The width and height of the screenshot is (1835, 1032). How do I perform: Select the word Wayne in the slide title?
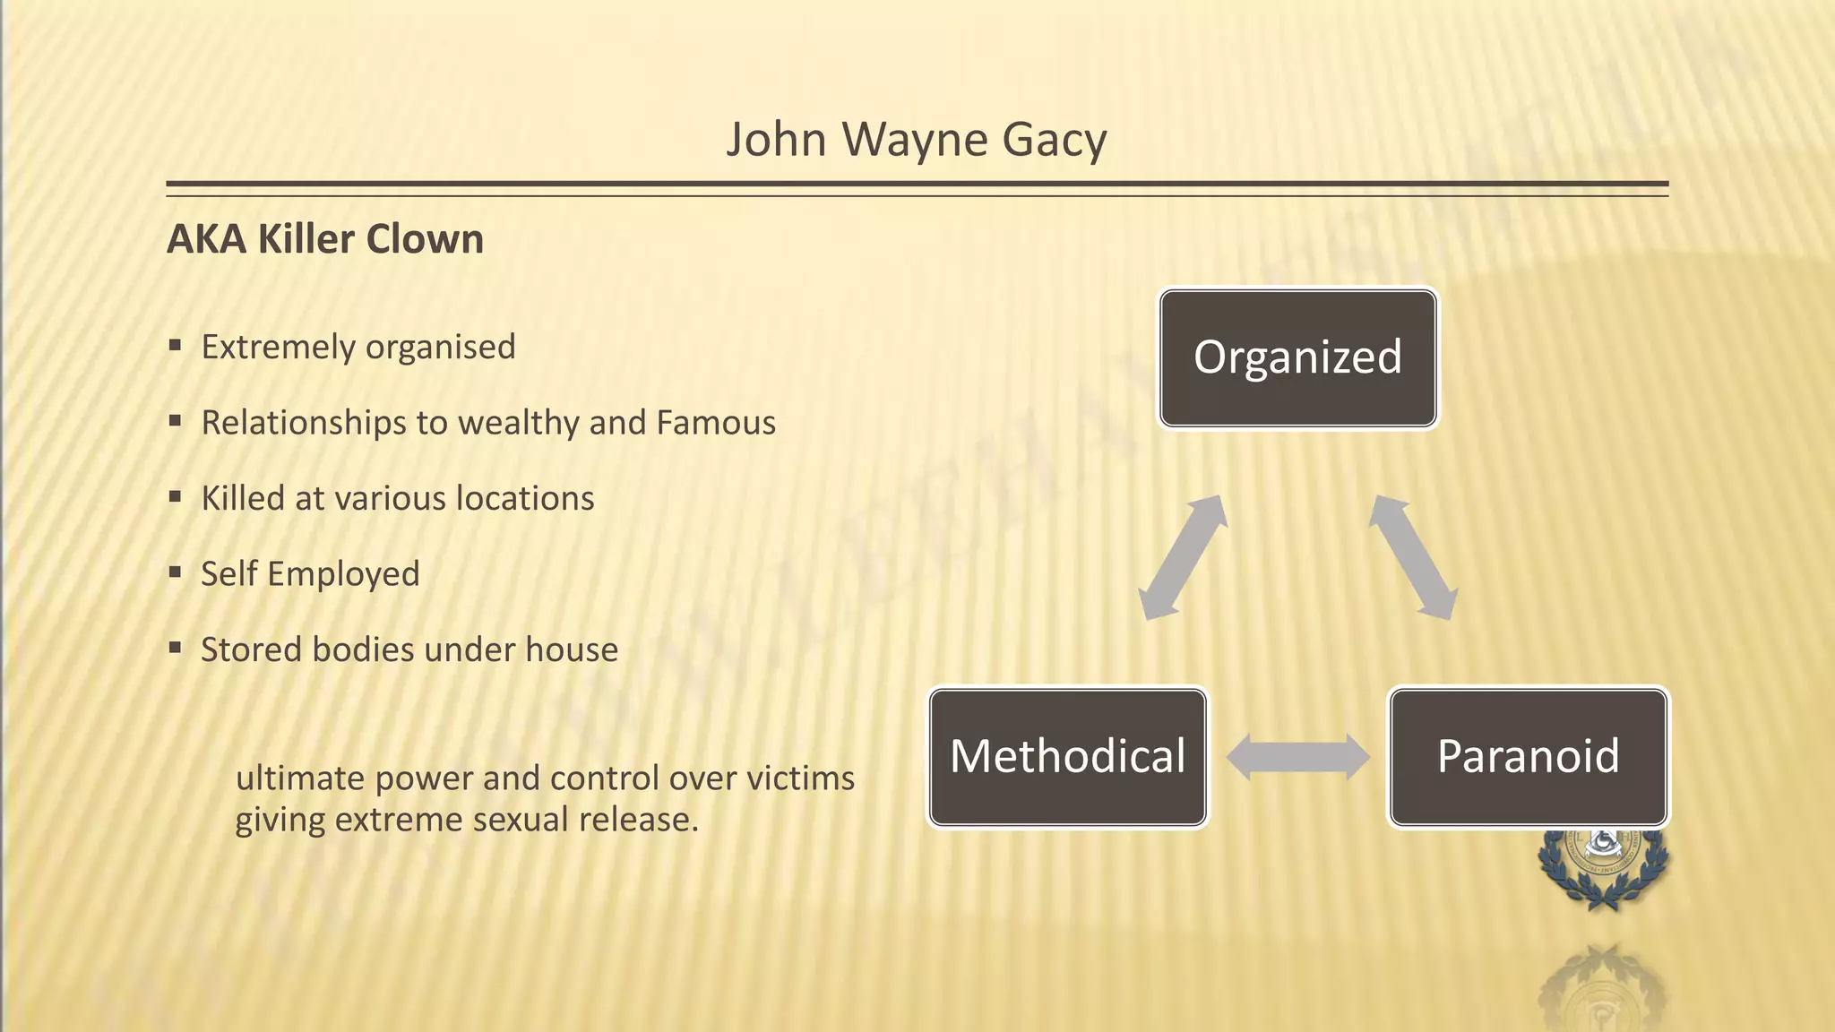coord(914,141)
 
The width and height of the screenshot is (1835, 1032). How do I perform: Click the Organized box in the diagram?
coord(1297,357)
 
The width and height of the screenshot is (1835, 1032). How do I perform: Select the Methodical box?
coord(1067,757)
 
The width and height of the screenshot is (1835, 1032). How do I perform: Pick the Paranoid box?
coord(1528,757)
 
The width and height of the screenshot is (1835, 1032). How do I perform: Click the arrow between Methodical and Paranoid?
coord(1297,757)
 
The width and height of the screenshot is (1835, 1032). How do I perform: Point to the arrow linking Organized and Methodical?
coord(1182,557)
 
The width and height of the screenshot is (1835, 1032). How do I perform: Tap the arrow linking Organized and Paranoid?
coord(1413,557)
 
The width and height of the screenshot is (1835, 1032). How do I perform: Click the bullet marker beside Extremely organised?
coord(175,345)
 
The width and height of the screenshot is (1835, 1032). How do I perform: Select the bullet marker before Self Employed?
coord(175,572)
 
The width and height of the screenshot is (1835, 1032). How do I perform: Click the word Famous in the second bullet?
coord(716,423)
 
